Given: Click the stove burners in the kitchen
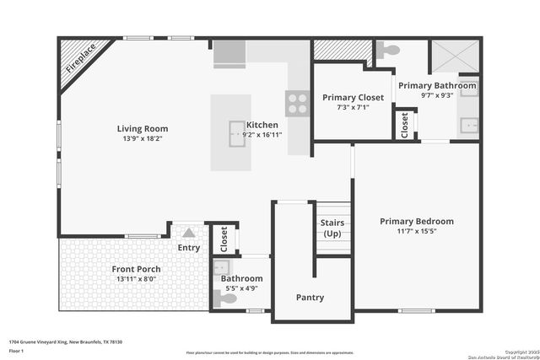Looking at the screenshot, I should [298, 103].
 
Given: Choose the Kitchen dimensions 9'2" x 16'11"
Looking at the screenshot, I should [261, 133].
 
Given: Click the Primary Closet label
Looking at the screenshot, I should [353, 98].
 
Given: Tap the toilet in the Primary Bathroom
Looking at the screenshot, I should [386, 51].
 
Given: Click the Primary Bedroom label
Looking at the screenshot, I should [416, 221].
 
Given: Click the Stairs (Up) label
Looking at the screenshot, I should [332, 228].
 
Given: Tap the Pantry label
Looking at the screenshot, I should [310, 297].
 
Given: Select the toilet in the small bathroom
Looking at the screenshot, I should [227, 298].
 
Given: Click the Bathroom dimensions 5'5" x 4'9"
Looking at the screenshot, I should [241, 287].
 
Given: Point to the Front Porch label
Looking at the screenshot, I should [137, 269].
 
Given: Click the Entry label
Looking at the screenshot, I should [189, 248].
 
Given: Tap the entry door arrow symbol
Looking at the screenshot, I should [189, 232].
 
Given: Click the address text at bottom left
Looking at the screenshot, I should [66, 341].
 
